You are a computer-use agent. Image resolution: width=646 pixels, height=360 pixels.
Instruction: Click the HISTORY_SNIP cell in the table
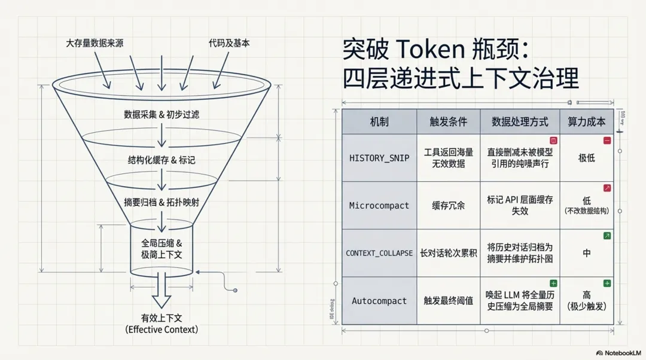click(x=379, y=158)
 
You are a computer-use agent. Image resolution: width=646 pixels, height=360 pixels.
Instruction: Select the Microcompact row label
click(x=379, y=205)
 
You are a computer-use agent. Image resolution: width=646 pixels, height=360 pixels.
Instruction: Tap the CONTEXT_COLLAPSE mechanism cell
click(x=379, y=253)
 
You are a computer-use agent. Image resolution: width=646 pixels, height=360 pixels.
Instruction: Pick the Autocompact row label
click(x=379, y=301)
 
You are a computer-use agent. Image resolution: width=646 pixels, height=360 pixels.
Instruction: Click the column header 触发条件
click(x=448, y=121)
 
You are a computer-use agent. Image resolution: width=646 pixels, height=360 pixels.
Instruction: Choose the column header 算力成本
click(x=586, y=121)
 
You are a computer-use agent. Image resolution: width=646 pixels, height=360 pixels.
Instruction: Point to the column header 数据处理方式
click(x=520, y=121)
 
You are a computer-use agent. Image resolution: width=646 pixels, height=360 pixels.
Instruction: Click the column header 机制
click(x=379, y=121)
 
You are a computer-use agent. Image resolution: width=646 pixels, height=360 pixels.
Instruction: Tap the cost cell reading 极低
click(x=586, y=158)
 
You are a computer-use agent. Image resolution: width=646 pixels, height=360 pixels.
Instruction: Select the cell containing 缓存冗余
click(x=448, y=205)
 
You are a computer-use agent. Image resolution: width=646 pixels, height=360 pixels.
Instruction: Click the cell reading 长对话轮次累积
click(x=448, y=253)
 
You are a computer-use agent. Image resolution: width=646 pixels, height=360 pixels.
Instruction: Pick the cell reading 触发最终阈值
click(x=448, y=301)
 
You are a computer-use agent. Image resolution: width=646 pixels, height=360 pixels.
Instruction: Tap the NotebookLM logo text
click(x=622, y=353)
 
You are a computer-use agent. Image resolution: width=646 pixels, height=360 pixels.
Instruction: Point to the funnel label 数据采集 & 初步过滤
click(x=161, y=114)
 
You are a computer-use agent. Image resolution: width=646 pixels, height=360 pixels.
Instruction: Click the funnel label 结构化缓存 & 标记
click(x=161, y=160)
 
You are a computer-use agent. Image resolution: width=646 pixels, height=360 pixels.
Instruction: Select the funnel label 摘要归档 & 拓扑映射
click(x=161, y=203)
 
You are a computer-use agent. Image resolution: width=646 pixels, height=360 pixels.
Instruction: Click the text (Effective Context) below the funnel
click(x=161, y=330)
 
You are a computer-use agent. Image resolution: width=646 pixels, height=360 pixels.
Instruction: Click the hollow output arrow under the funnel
click(x=161, y=290)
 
